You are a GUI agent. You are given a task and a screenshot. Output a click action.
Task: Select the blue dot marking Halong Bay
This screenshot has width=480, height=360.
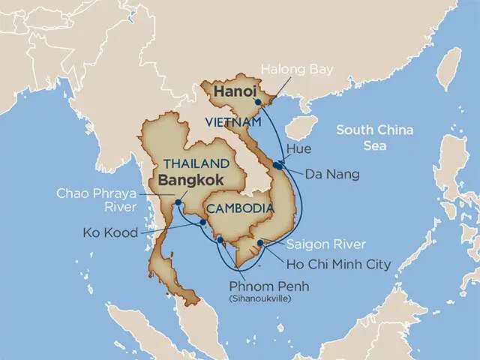[257, 102]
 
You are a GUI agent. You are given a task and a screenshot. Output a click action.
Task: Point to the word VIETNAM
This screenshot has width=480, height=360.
[235, 121]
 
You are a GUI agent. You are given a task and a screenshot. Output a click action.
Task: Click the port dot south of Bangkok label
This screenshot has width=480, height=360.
[178, 202]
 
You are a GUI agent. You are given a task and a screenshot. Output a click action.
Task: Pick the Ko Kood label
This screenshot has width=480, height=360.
[111, 232]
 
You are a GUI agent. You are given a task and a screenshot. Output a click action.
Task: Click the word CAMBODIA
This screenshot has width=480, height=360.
[215, 208]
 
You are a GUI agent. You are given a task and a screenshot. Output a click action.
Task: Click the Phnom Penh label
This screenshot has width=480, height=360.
[268, 286]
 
